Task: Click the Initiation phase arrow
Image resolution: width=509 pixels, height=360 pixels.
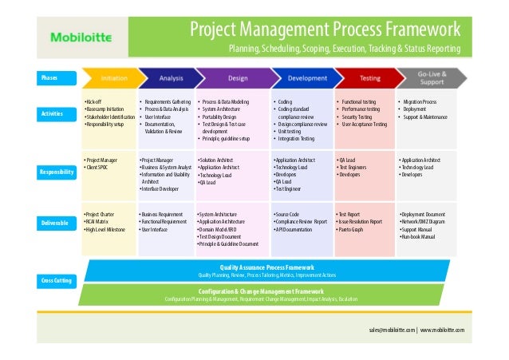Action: pyautogui.click(x=113, y=78)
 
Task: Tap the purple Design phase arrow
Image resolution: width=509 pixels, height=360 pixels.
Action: pyautogui.click(x=236, y=78)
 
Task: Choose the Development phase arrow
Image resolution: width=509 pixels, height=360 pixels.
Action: pyautogui.click(x=301, y=78)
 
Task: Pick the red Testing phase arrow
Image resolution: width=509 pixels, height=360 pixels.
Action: pyautogui.click(x=363, y=78)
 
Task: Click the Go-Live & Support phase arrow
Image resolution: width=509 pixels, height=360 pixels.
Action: pyautogui.click(x=430, y=78)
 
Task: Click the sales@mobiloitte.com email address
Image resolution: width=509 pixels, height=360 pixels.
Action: pyautogui.click(x=391, y=329)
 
